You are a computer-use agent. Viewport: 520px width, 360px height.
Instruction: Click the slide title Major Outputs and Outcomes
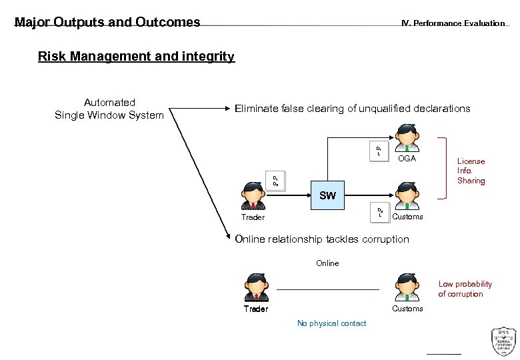coord(107,22)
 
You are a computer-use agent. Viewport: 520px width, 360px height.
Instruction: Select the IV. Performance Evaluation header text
coord(453,23)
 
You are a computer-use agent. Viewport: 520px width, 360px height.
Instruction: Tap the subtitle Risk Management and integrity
coord(136,57)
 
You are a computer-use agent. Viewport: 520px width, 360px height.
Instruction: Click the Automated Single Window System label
coord(109,109)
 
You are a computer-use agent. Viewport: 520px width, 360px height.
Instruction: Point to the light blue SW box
coord(327,196)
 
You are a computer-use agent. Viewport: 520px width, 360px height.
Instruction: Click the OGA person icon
coord(406,141)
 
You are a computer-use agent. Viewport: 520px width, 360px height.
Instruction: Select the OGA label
coord(406,159)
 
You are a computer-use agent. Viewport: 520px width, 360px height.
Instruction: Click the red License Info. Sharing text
coord(471,171)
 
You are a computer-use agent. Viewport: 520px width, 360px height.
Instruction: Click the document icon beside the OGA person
coord(378,152)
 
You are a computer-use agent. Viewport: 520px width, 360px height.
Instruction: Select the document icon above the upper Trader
coord(276,181)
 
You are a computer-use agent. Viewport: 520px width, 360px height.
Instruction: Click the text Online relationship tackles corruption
coord(322,239)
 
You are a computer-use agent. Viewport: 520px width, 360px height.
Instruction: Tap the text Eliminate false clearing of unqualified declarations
coord(352,109)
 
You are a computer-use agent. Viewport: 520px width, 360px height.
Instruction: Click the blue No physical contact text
coord(331,323)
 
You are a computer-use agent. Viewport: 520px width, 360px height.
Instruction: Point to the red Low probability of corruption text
coord(465,289)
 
